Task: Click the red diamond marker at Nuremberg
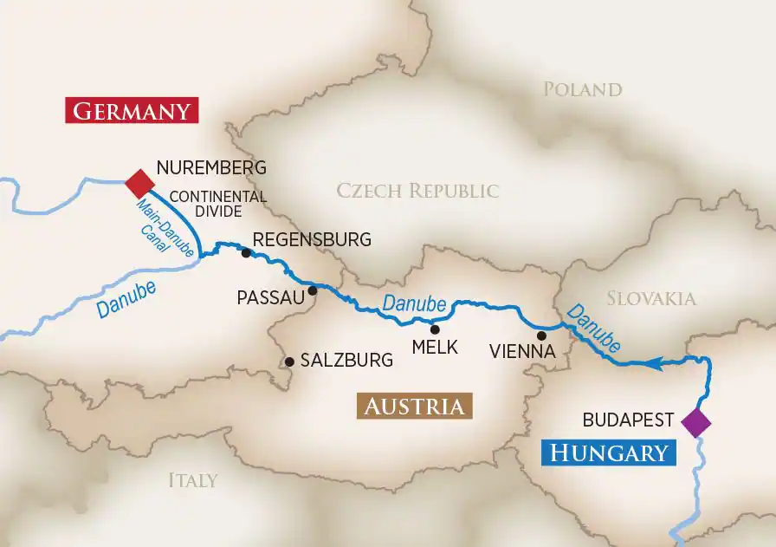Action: (x=139, y=184)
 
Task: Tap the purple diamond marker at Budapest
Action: (x=695, y=422)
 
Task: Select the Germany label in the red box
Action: (x=132, y=111)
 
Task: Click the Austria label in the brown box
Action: (x=414, y=407)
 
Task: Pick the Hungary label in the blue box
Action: (x=610, y=452)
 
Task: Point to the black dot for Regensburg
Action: (x=246, y=253)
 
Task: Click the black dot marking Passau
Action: (x=313, y=290)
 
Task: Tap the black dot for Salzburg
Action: (x=289, y=361)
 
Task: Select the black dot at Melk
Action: (x=435, y=329)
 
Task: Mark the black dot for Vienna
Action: (x=541, y=335)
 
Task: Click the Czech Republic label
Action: (x=417, y=191)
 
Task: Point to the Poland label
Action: (x=582, y=89)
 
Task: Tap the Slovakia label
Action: (x=650, y=298)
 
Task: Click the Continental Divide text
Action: (x=217, y=204)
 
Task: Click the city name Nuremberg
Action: (x=210, y=167)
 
